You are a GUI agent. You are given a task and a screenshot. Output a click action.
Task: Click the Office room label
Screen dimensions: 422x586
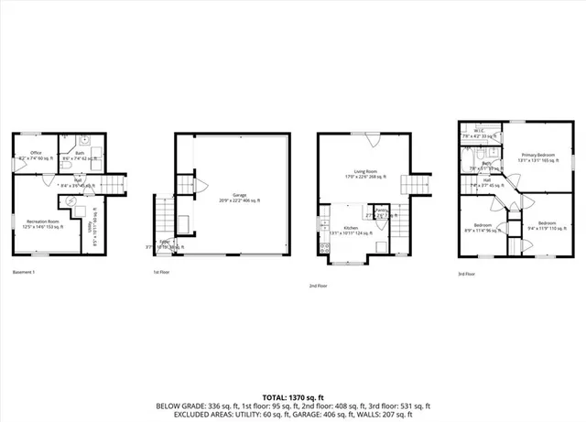pyautogui.click(x=37, y=153)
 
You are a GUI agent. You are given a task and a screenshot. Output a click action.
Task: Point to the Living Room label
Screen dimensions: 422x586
pyautogui.click(x=364, y=173)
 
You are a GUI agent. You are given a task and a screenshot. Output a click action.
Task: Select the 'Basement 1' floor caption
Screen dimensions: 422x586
pyautogui.click(x=24, y=273)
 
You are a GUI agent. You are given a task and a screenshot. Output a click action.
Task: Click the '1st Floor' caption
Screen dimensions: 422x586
pyautogui.click(x=162, y=273)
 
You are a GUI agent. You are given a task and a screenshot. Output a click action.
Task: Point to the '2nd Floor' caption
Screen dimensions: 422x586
pyautogui.click(x=319, y=286)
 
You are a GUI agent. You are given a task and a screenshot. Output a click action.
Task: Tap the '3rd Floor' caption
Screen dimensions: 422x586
pyautogui.click(x=467, y=273)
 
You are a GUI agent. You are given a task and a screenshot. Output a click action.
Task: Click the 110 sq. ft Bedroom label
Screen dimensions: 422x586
pyautogui.click(x=548, y=223)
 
